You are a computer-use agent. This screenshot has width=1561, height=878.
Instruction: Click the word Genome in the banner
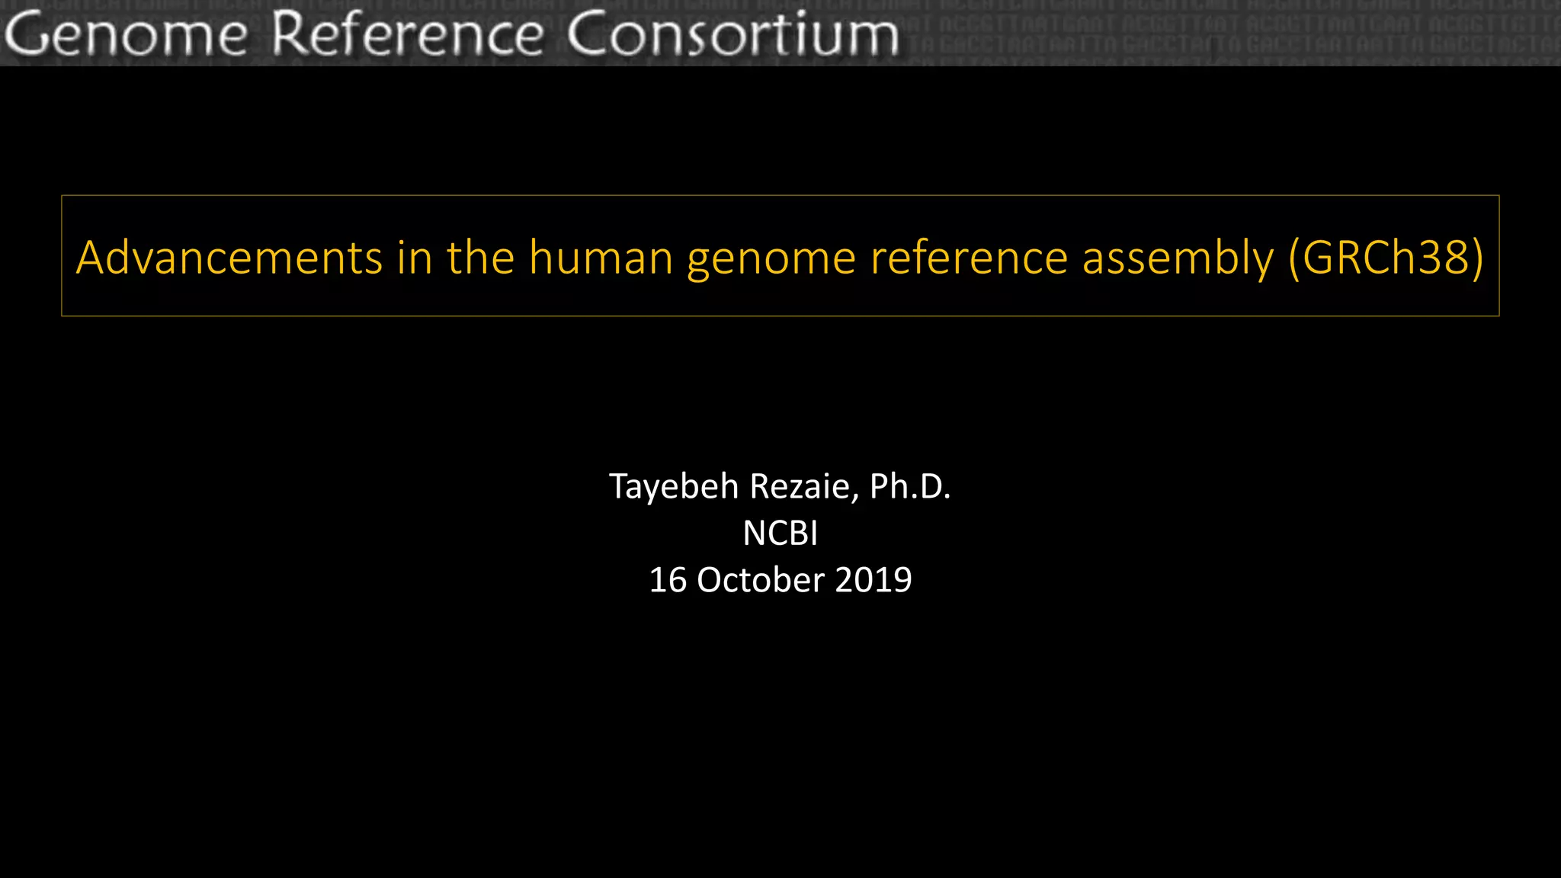click(127, 35)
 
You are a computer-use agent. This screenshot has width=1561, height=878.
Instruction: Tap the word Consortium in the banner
click(732, 35)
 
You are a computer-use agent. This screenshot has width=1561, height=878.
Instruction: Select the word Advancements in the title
click(229, 258)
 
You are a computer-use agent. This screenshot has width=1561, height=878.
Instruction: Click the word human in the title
click(601, 258)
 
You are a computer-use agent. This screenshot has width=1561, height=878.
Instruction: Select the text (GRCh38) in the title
click(1386, 258)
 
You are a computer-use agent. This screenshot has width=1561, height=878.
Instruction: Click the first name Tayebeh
click(674, 487)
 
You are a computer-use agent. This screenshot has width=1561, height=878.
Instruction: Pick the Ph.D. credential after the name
click(910, 487)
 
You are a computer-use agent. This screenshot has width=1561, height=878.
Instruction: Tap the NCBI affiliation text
click(780, 534)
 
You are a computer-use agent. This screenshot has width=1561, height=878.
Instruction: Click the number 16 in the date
click(668, 581)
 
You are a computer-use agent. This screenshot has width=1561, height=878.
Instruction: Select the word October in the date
click(760, 581)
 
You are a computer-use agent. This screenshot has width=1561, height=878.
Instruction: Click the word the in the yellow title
click(481, 258)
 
